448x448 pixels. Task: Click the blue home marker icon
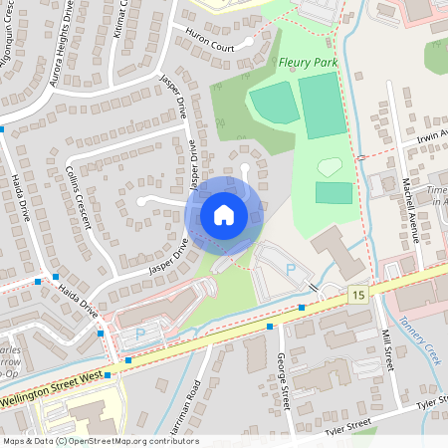tap(224, 215)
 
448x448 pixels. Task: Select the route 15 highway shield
tap(357, 294)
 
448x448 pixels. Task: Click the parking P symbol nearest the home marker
tap(290, 270)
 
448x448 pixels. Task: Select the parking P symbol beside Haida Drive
tap(139, 334)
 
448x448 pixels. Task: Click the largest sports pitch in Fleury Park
tap(320, 105)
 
